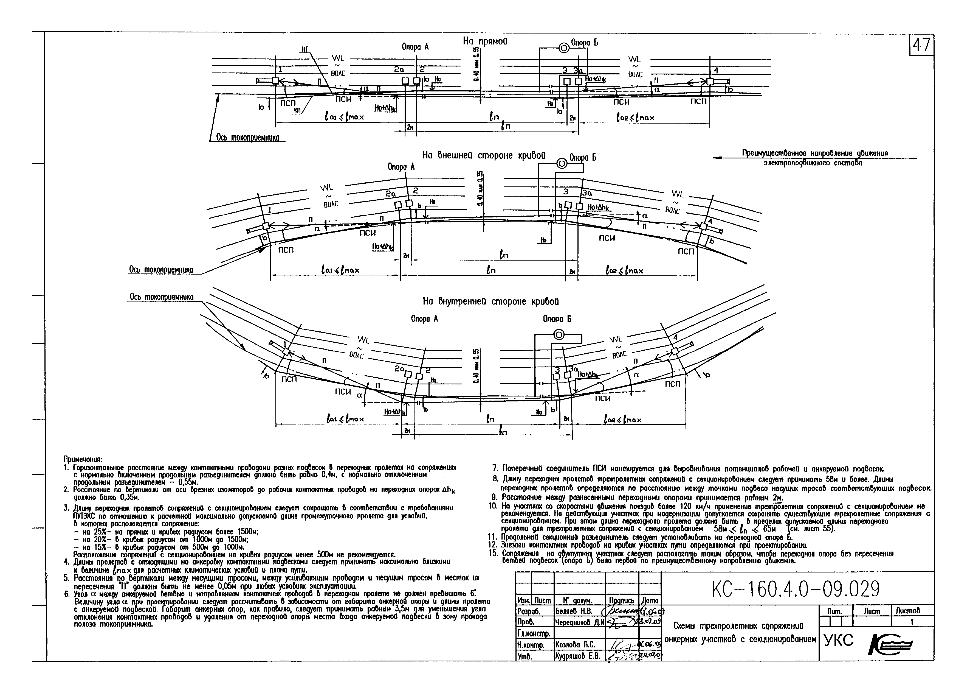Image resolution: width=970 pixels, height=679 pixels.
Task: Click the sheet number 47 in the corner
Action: click(x=921, y=45)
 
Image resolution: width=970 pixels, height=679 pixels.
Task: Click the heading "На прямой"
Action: click(x=485, y=41)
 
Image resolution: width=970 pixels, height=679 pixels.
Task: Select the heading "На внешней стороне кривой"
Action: click(x=484, y=156)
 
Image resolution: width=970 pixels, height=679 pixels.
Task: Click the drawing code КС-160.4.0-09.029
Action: click(x=796, y=589)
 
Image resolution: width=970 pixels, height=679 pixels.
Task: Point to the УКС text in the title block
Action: click(x=839, y=641)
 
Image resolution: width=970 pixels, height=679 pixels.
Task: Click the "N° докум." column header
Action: click(x=578, y=600)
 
